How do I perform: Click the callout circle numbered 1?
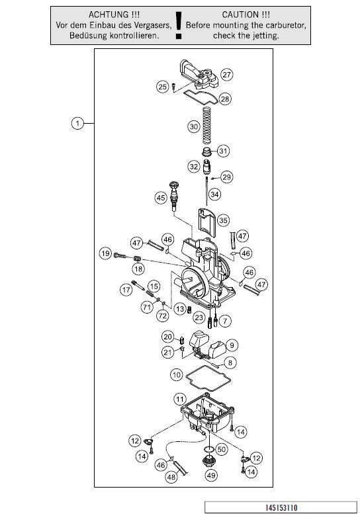[77, 124]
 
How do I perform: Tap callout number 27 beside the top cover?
[227, 74]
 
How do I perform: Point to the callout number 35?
[223, 220]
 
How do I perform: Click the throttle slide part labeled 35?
[206, 222]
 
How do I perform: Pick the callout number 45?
[161, 198]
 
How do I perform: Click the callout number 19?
[105, 253]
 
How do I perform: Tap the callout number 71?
[147, 308]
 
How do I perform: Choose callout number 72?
[162, 316]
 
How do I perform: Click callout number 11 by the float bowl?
[180, 400]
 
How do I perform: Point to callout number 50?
[222, 449]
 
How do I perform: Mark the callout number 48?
[171, 477]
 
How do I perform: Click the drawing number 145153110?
[281, 507]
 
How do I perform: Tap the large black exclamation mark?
[179, 25]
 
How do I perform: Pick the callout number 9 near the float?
[232, 345]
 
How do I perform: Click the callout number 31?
[223, 151]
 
